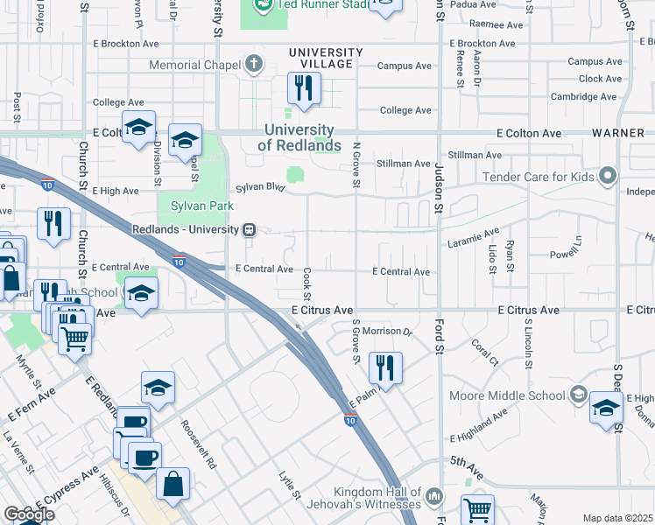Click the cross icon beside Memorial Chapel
coord(254,65)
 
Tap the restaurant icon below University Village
coord(304,87)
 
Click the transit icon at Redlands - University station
coord(250,230)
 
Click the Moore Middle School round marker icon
coord(577,395)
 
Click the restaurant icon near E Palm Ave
coord(385,367)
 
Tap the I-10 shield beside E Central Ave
coord(179,262)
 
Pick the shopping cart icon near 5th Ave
coord(477,509)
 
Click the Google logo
coord(29,514)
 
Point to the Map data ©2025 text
coord(618,518)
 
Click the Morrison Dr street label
coord(387,332)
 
